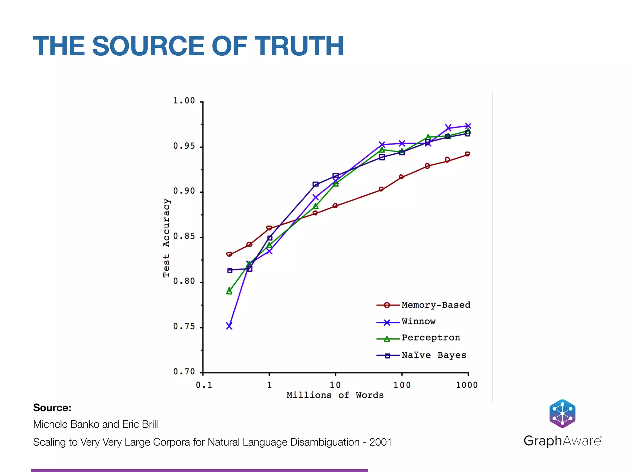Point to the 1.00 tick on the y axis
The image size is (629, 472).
[184, 101]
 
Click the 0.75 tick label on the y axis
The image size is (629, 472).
[184, 326]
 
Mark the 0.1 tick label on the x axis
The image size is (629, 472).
[204, 385]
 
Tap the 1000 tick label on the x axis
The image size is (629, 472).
[467, 385]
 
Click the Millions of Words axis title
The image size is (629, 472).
[335, 395]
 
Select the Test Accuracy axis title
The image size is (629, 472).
[166, 238]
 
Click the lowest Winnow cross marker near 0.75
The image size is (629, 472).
[229, 326]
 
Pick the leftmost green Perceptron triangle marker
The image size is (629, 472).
[229, 291]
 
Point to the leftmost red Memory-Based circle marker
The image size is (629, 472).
[229, 254]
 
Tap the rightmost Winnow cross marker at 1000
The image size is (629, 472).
[468, 126]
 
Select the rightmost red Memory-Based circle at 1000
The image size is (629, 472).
[467, 154]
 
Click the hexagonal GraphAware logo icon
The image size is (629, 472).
[562, 414]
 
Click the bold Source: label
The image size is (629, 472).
[52, 407]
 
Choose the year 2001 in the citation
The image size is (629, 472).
[380, 442]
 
